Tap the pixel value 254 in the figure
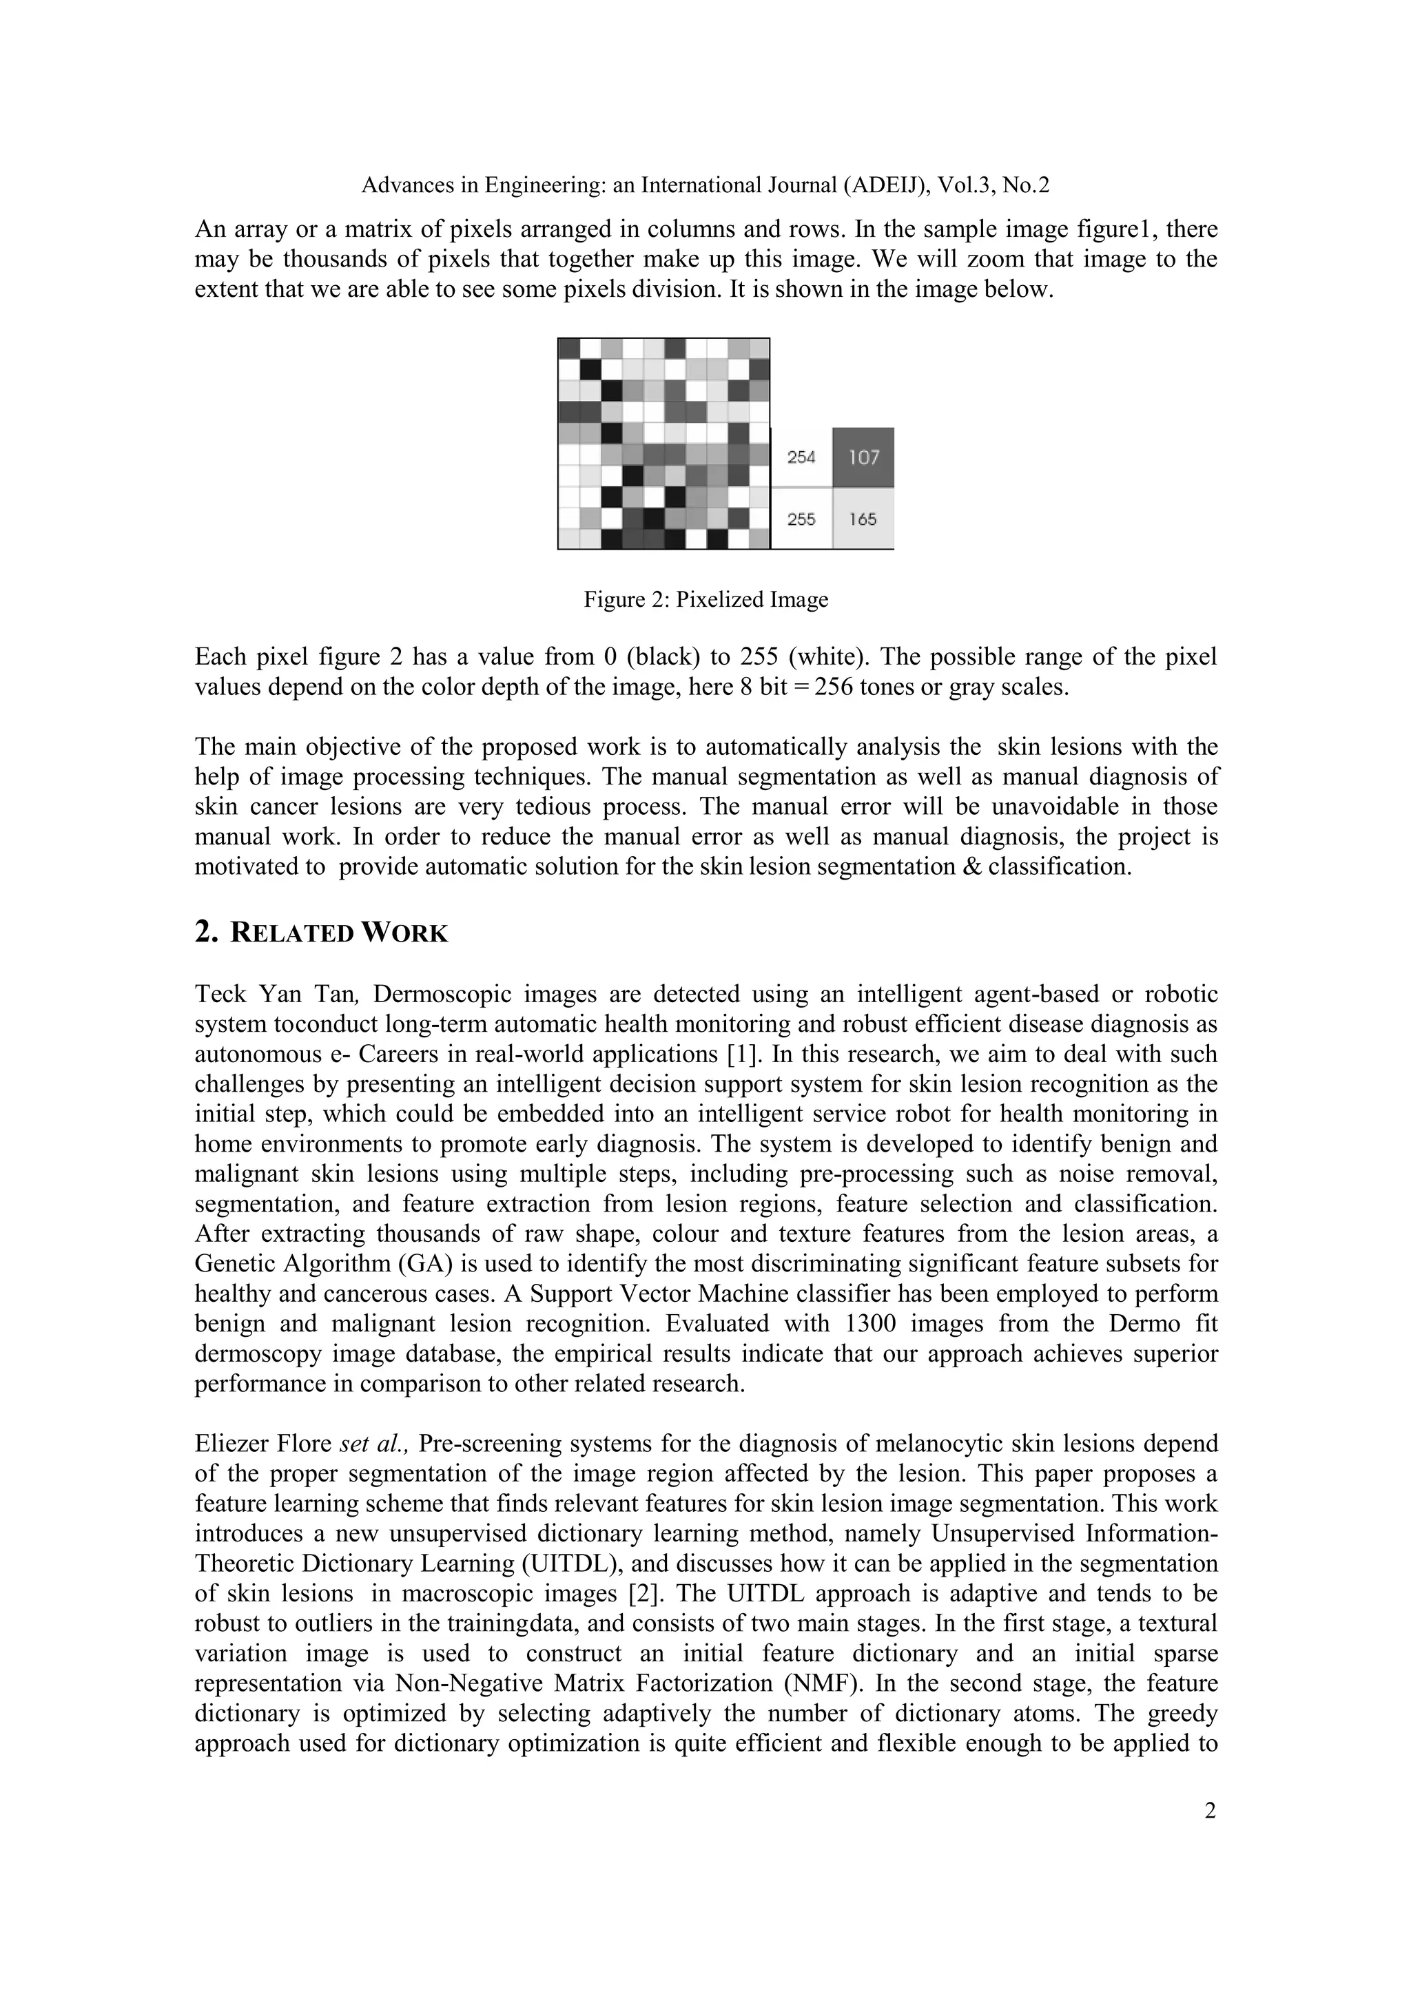click(x=801, y=457)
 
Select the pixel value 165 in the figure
click(x=863, y=519)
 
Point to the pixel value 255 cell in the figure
click(x=801, y=519)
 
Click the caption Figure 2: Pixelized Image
click(x=705, y=599)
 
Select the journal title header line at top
click(x=705, y=185)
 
